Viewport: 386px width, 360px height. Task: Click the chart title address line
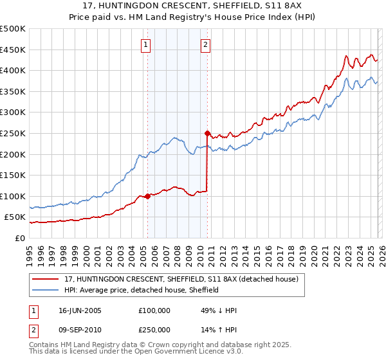point(192,4)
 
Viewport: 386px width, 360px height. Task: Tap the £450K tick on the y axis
point(13,50)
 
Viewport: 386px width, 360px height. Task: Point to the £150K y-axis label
point(13,175)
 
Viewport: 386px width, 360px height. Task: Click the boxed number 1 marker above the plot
point(147,45)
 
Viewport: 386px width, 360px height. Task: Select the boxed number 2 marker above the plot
point(205,45)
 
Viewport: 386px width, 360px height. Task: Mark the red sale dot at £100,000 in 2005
point(148,196)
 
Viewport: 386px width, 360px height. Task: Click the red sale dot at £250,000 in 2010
point(207,134)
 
